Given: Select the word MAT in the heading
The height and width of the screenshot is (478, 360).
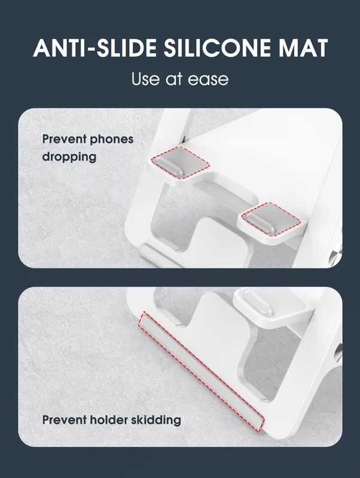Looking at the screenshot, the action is pyautogui.click(x=303, y=48).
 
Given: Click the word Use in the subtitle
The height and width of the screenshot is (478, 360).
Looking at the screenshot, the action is pyautogui.click(x=145, y=79).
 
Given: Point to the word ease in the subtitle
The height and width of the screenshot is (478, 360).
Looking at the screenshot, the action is pyautogui.click(x=208, y=80).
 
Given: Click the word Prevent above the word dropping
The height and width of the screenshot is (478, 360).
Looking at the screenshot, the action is pyautogui.click(x=65, y=139).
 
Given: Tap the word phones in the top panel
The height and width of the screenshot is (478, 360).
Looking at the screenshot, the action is pyautogui.click(x=112, y=140).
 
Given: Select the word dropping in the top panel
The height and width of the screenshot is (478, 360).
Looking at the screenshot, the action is pyautogui.click(x=69, y=157).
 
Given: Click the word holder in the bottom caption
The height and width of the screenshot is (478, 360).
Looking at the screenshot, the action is pyautogui.click(x=109, y=420).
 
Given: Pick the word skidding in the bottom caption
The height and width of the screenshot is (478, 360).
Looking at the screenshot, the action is pyautogui.click(x=156, y=421).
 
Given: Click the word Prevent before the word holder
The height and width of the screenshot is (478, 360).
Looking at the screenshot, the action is pyautogui.click(x=65, y=420).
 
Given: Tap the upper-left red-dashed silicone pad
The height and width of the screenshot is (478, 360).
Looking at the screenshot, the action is pyautogui.click(x=181, y=163).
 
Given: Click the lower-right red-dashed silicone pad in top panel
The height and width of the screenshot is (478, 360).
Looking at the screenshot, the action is pyautogui.click(x=271, y=219).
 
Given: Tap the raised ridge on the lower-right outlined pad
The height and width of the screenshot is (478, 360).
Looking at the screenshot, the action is pyautogui.click(x=260, y=223).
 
